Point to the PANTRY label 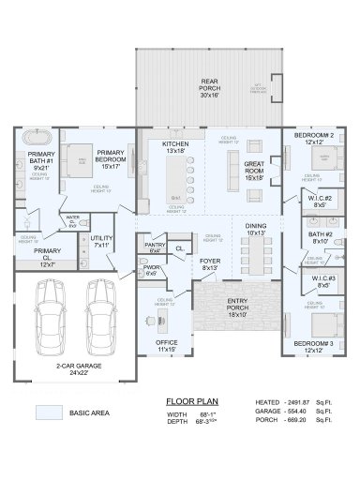[155, 247]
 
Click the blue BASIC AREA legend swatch [49, 412]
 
